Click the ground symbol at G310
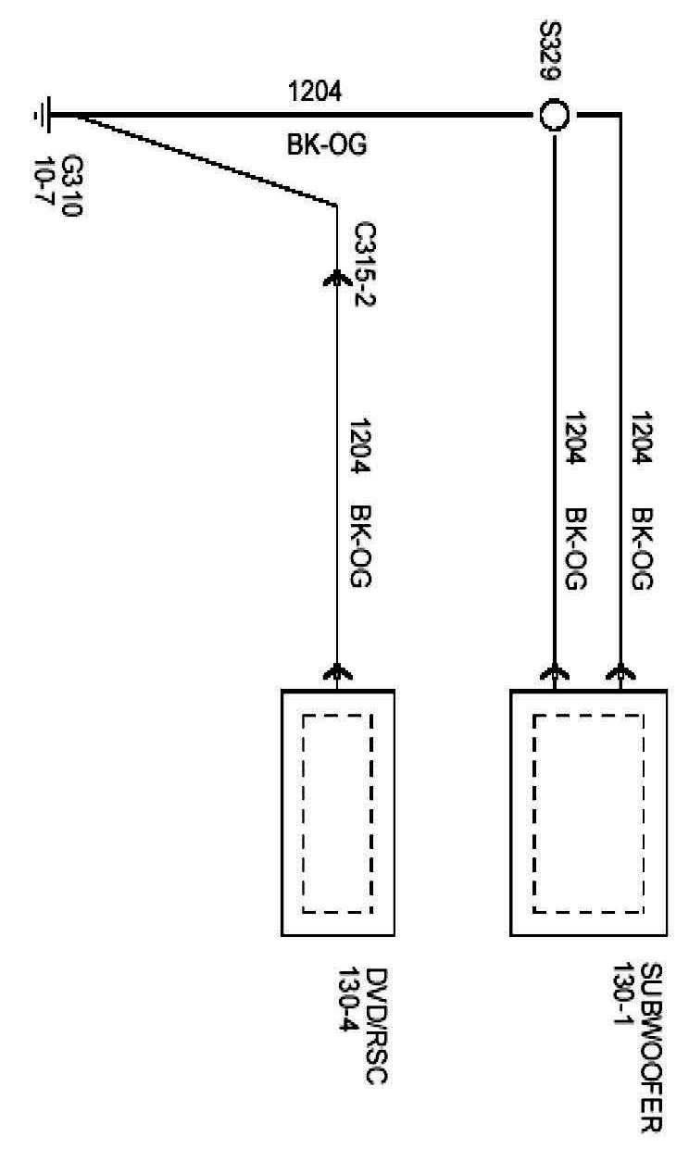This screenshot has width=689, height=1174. (42, 116)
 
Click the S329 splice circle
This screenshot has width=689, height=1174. (554, 116)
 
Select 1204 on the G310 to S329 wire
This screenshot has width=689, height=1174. (316, 91)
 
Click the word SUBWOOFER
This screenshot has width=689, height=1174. (650, 1047)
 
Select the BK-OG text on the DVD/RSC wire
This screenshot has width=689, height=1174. (360, 546)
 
